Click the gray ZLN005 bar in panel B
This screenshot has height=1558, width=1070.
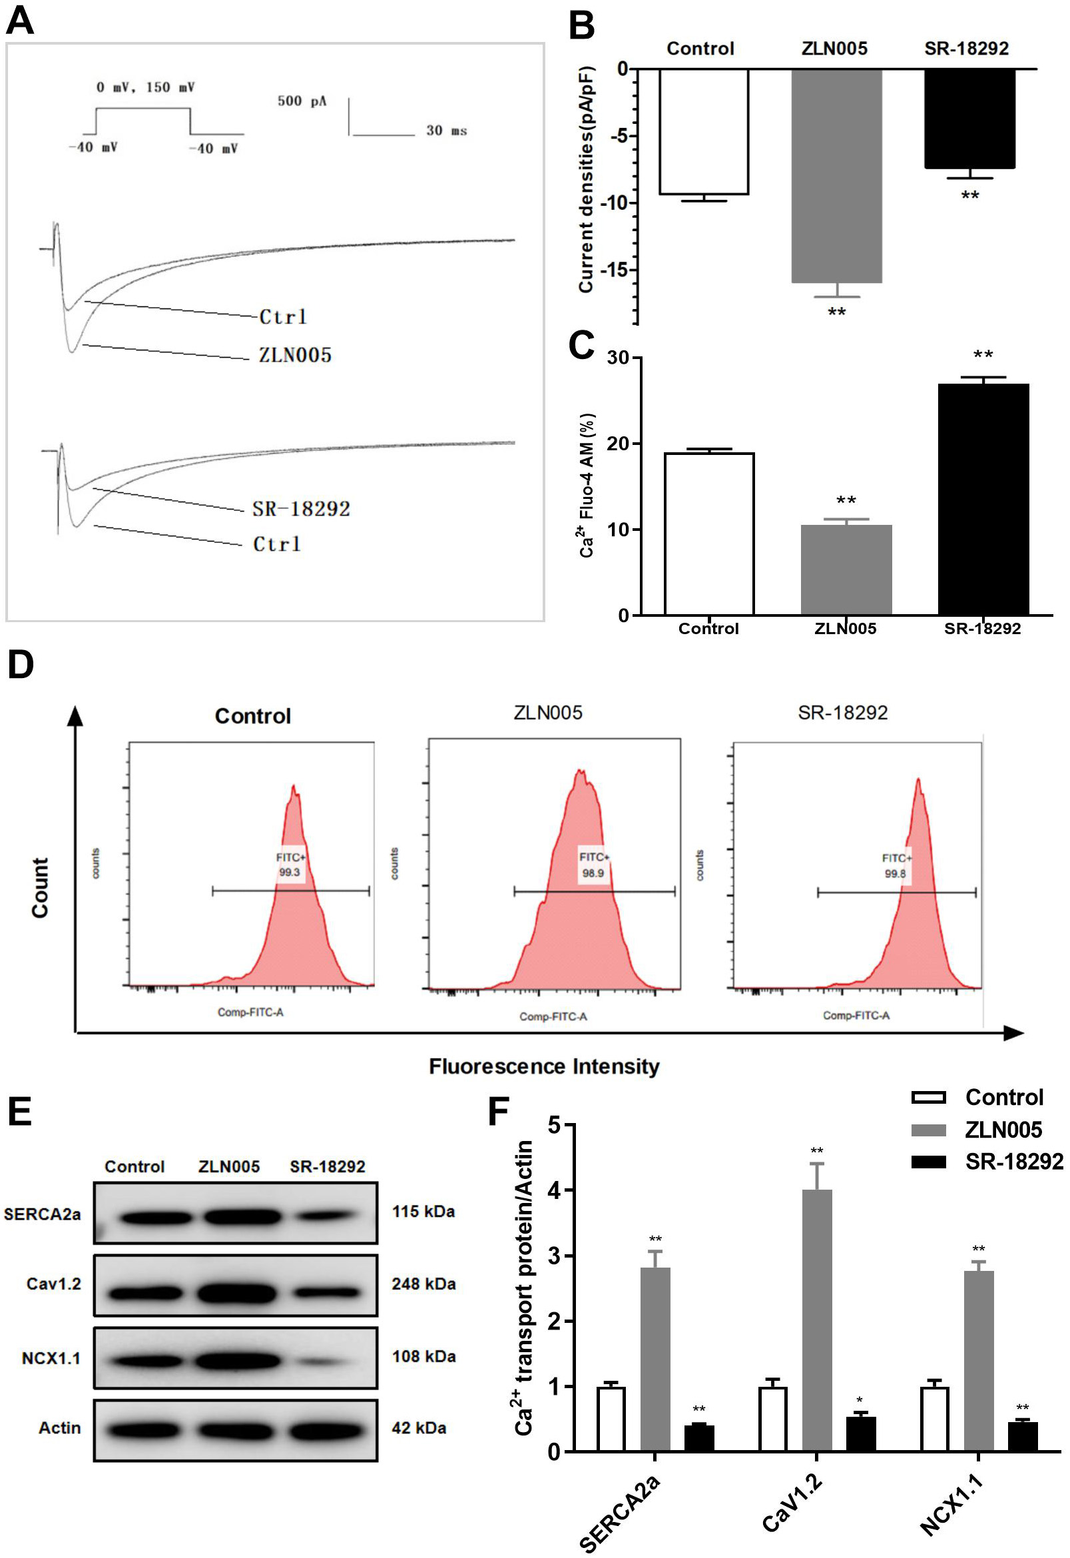(x=836, y=176)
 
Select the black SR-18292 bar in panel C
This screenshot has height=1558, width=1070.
(x=983, y=499)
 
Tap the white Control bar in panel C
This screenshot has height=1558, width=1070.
(x=708, y=534)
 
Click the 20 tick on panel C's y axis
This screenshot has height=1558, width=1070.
(x=619, y=444)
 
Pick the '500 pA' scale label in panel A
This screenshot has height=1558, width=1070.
(x=302, y=101)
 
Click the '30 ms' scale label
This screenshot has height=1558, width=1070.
(x=447, y=131)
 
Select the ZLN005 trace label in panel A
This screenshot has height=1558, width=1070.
(x=296, y=356)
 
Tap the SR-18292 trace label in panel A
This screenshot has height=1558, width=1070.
(x=301, y=509)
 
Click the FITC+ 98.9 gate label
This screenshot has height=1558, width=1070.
(x=593, y=865)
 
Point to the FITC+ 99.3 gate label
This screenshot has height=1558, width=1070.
(x=290, y=865)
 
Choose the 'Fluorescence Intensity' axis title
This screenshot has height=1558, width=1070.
(x=544, y=1067)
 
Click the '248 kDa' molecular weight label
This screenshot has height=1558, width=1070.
(x=423, y=1284)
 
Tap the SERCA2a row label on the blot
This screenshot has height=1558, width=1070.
(x=42, y=1214)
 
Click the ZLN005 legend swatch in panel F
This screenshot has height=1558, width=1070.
(x=929, y=1130)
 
